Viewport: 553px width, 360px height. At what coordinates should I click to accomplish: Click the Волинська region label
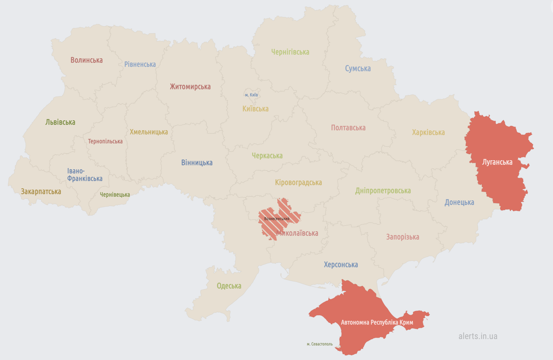click(x=86, y=60)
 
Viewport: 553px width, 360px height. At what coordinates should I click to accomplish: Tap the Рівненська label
click(x=140, y=64)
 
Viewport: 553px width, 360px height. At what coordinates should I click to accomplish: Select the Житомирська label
click(x=190, y=87)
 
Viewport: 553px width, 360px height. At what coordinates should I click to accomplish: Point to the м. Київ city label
click(x=251, y=95)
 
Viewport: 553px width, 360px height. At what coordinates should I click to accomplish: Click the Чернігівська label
click(x=290, y=52)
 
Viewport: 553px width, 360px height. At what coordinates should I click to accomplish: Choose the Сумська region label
click(x=358, y=68)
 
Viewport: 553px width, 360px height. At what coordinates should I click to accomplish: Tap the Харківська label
click(x=428, y=133)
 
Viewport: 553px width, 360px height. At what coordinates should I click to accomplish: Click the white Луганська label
click(x=497, y=162)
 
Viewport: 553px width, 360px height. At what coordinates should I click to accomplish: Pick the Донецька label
click(x=459, y=202)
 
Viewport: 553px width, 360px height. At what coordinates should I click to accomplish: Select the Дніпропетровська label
click(x=383, y=191)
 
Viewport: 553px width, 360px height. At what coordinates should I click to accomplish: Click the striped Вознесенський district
click(x=276, y=219)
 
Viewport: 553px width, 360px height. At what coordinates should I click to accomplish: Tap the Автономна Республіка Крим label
click(x=377, y=322)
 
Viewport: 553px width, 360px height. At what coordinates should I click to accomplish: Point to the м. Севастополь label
click(x=320, y=344)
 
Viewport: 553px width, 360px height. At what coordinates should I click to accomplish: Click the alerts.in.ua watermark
click(x=478, y=336)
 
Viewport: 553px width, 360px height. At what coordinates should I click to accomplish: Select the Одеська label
click(x=229, y=286)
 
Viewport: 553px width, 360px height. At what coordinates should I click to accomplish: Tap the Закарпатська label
click(x=41, y=192)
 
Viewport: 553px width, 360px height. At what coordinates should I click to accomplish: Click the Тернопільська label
click(x=105, y=142)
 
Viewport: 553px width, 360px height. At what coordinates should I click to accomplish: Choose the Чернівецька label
click(x=115, y=195)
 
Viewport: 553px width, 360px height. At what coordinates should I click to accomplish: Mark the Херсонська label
click(x=341, y=265)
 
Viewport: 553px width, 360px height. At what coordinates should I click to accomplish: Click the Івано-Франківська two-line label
click(x=84, y=175)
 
